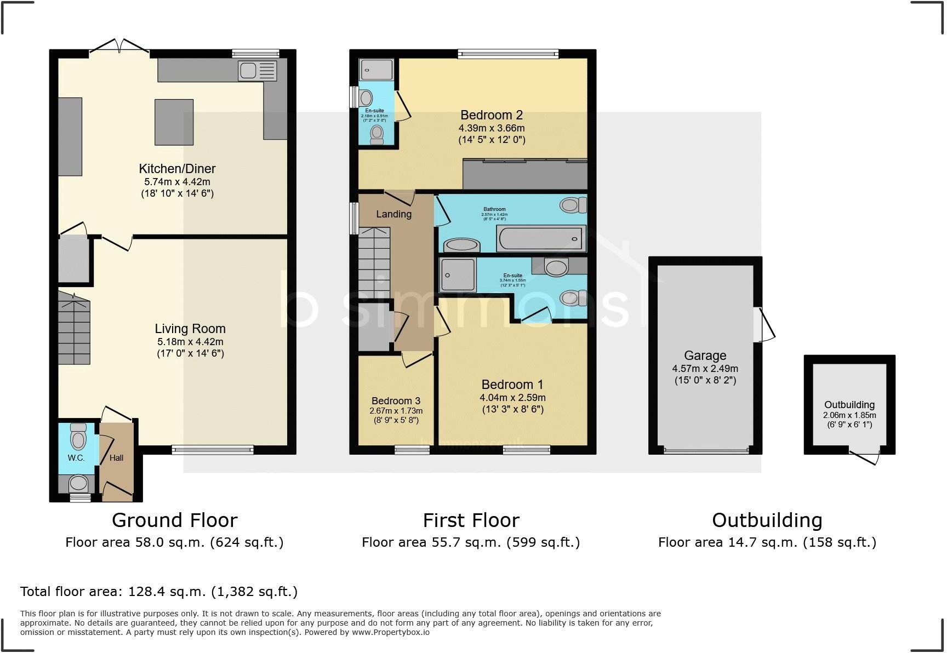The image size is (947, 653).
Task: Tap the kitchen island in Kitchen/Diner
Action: click(174, 122)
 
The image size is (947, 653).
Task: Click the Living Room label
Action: click(190, 329)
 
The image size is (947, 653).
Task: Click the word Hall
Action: click(116, 458)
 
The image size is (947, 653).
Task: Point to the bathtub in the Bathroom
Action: click(540, 238)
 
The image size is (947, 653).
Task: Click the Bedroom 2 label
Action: click(491, 115)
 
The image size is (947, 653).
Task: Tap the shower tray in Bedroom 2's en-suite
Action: click(376, 70)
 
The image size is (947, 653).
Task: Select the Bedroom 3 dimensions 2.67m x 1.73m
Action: click(396, 411)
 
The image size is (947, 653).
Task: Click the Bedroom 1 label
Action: click(512, 385)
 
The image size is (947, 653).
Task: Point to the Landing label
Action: click(393, 214)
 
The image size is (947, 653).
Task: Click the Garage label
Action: click(705, 356)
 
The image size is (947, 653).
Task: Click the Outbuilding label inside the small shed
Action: click(849, 405)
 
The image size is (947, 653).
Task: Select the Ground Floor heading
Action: click(174, 520)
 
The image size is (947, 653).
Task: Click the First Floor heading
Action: click(471, 520)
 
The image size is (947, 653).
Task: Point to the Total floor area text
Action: click(159, 592)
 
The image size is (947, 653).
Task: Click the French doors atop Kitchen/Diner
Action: click(119, 48)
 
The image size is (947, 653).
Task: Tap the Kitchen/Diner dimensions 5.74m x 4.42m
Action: click(177, 182)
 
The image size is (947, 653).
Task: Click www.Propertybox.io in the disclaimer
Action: click(390, 632)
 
